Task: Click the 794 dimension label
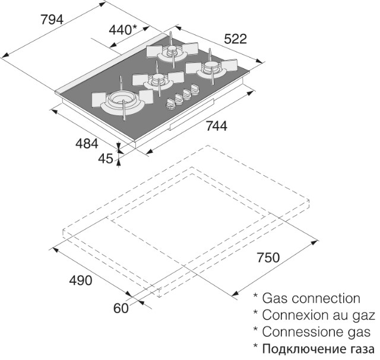(52, 20)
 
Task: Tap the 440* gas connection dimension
(123, 30)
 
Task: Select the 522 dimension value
(235, 39)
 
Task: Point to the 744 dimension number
(216, 126)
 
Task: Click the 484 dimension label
(87, 144)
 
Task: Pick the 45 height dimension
(106, 159)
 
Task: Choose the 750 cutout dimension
(268, 258)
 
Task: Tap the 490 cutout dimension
(81, 281)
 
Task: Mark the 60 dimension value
(121, 308)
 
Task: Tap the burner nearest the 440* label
(172, 50)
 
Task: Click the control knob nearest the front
(171, 104)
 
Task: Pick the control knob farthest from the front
(195, 89)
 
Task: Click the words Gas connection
(311, 298)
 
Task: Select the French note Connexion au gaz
(318, 315)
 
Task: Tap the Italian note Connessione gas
(316, 332)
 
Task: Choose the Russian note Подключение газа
(318, 349)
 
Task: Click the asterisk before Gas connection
(255, 296)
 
